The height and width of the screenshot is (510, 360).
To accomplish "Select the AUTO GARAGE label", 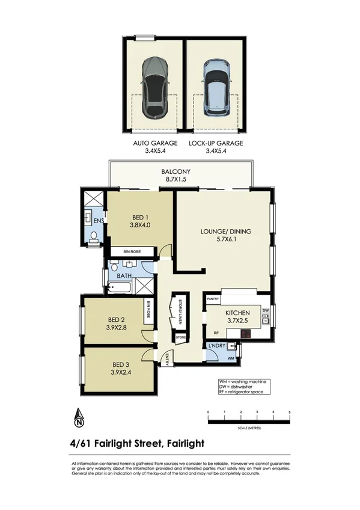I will point(155,143).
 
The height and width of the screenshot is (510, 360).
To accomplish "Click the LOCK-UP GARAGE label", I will point(216,143).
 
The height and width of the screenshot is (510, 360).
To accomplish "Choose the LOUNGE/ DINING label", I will point(226,232).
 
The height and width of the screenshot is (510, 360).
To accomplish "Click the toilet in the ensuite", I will point(93,242).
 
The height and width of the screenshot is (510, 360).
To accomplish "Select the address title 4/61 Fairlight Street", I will point(137,444).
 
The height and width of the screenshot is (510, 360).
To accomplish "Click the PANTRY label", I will point(212,298).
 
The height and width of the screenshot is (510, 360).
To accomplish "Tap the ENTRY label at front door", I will point(166,359).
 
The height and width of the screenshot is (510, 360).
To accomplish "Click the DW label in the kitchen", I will point(265,310).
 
